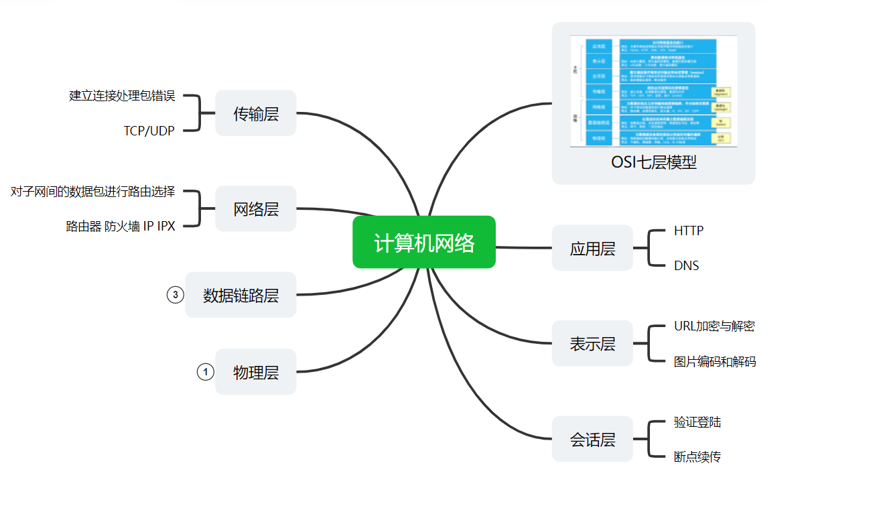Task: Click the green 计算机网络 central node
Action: [x=424, y=243]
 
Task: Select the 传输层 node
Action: [x=256, y=113]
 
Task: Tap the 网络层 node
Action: [x=256, y=209]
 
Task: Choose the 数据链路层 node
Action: [x=241, y=295]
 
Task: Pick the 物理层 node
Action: [x=256, y=372]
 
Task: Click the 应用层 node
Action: [x=592, y=249]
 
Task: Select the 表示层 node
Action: [x=592, y=344]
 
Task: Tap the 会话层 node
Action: [x=592, y=440]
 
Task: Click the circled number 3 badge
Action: [x=176, y=295]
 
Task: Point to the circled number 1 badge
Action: [x=206, y=372]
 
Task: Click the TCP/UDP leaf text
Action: [x=149, y=131]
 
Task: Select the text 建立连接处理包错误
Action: [x=122, y=96]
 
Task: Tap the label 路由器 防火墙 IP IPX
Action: [x=121, y=227]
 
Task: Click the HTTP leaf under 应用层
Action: [x=689, y=231]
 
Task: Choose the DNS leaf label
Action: [x=687, y=266]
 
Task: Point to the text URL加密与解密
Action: [x=714, y=326]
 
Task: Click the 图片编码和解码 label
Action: [x=715, y=362]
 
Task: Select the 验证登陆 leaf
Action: [x=697, y=422]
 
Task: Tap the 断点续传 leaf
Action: [x=697, y=457]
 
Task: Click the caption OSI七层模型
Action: [x=653, y=162]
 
